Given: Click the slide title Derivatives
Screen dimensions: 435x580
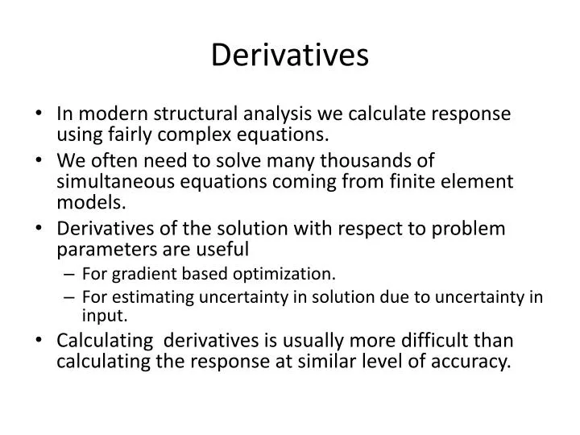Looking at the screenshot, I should pyautogui.click(x=290, y=55).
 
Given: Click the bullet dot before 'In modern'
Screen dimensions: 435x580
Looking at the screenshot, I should pyautogui.click(x=42, y=114).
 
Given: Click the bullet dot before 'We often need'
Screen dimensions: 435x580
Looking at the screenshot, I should pyautogui.click(x=42, y=162).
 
